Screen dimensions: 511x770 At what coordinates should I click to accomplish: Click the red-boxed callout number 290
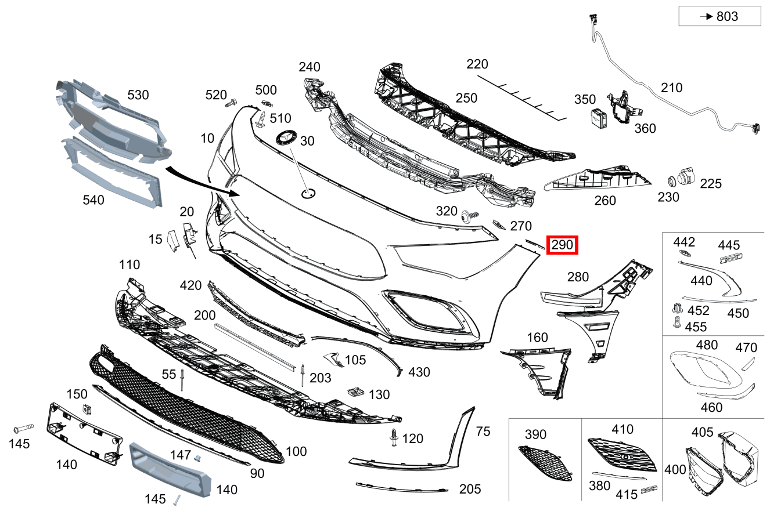pyautogui.click(x=562, y=245)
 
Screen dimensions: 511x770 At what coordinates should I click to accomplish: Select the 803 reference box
pyautogui.click(x=719, y=17)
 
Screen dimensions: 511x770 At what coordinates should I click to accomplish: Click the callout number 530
pyautogui.click(x=138, y=95)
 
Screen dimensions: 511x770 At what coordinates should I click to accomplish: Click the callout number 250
pyautogui.click(x=466, y=98)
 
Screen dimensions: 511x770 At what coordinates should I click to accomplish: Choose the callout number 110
pyautogui.click(x=129, y=265)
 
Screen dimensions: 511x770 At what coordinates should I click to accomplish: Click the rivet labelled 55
pyautogui.click(x=182, y=380)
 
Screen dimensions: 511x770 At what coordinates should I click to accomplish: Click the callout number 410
pyautogui.click(x=622, y=430)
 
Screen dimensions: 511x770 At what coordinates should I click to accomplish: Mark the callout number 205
pyautogui.click(x=469, y=489)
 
